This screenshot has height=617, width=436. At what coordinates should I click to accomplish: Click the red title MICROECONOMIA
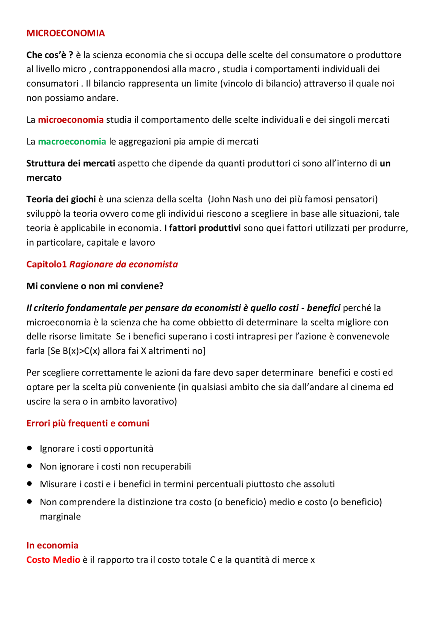65,33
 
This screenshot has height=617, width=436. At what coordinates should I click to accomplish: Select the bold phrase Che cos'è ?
50,55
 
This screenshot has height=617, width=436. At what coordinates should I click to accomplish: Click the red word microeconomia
71,120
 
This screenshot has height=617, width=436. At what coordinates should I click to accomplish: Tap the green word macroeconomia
72,141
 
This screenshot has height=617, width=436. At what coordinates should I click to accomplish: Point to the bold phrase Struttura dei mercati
71,163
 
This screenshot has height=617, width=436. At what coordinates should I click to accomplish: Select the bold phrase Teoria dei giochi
61,199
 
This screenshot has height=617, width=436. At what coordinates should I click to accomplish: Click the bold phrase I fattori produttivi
202,228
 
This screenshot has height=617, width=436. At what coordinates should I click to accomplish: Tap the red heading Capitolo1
47,264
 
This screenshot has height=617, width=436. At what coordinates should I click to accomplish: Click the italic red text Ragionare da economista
124,264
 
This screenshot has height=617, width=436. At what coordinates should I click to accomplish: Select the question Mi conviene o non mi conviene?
95,286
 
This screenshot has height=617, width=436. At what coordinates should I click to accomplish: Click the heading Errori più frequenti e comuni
88,423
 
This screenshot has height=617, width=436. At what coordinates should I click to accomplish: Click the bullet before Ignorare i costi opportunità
30,448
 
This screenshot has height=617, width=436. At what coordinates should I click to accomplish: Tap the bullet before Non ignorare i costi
30,466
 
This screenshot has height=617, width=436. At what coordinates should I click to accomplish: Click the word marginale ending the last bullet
60,516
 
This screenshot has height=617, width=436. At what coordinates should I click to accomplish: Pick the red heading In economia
52,545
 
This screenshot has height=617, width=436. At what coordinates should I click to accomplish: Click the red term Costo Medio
53,560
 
